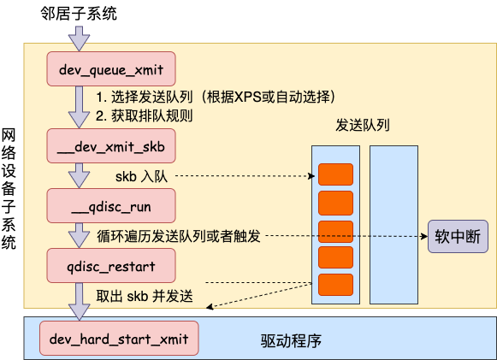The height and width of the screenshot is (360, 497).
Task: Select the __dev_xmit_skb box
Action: (111, 146)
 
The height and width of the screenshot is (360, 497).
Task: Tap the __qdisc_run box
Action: (111, 205)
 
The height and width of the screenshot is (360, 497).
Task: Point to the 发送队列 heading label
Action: (364, 125)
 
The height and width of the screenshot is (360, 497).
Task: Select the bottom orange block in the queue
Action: (335, 285)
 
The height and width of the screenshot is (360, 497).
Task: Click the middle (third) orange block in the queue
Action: (335, 230)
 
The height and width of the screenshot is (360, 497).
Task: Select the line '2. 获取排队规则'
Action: (143, 115)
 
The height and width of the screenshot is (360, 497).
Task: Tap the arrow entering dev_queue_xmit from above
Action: (79, 38)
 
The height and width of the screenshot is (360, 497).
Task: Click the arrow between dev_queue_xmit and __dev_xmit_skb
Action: (79, 107)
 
